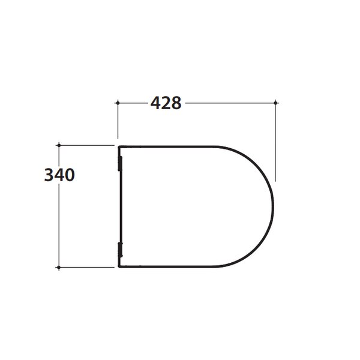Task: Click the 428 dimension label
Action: tap(166, 103)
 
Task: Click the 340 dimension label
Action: tap(59, 175)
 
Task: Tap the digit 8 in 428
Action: tap(176, 103)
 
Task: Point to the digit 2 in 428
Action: tap(166, 103)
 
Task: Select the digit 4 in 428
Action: tap(155, 103)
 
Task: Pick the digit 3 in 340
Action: tap(49, 175)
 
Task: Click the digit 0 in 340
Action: tap(70, 175)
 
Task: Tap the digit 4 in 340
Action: tap(59, 175)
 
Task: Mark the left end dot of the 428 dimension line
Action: tap(118, 103)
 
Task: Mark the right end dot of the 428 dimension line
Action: tap(275, 103)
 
